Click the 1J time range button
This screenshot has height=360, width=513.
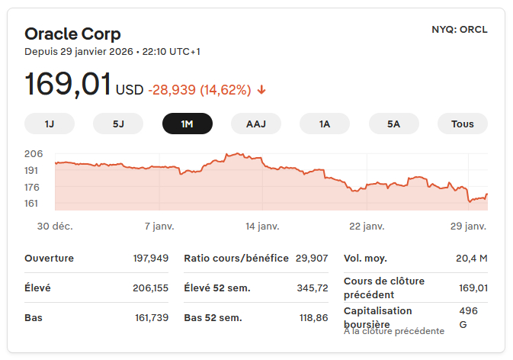[x=50, y=124]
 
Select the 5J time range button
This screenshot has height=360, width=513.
[x=118, y=124]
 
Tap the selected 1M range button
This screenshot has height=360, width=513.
[x=187, y=124]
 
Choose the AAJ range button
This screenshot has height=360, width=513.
[x=256, y=124]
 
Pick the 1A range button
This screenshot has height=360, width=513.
[x=325, y=124]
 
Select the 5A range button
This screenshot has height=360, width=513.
[x=393, y=124]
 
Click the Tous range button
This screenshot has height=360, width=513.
[x=462, y=124]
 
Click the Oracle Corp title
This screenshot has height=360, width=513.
[x=72, y=34]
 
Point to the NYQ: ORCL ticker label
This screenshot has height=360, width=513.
[x=459, y=30]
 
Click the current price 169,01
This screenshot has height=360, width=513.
[x=68, y=85]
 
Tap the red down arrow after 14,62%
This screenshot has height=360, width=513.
[x=261, y=90]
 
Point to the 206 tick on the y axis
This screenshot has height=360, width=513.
[x=34, y=153]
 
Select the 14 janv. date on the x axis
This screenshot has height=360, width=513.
[x=262, y=227]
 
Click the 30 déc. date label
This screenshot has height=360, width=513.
[x=55, y=227]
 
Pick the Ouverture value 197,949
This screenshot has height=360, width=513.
[x=150, y=258]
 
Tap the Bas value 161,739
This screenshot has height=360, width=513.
[x=151, y=317]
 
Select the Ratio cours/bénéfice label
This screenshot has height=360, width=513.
[x=236, y=258]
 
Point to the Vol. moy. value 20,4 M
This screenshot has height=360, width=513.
[x=471, y=258]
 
